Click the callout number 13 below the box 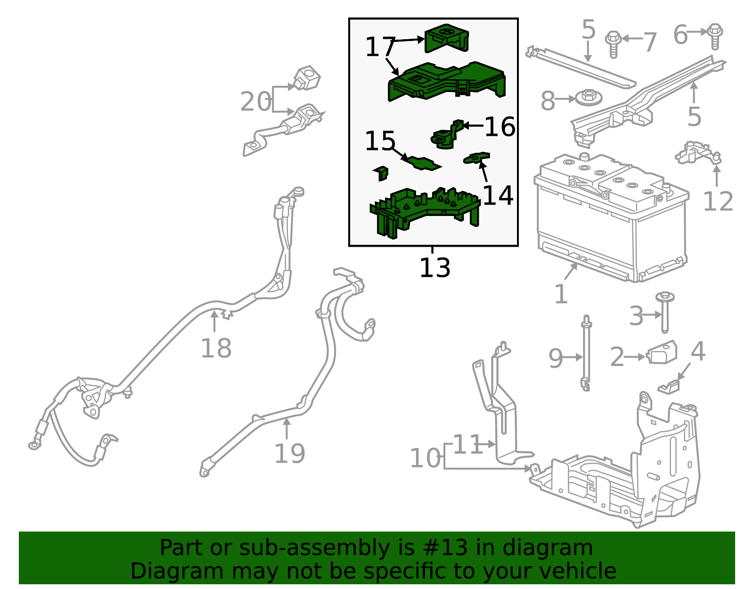point(434,268)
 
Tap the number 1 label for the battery point(561,295)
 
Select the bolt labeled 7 point(613,44)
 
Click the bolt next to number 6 point(715,36)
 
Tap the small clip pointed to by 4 point(669,387)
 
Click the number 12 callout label point(718,202)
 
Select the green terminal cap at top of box point(446,38)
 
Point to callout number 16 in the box point(500,127)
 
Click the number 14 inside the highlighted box point(498,195)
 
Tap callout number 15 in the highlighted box point(380,141)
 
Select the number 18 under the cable point(216,348)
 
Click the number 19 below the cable point(289,454)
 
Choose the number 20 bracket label point(255,101)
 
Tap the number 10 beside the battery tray point(425,458)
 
